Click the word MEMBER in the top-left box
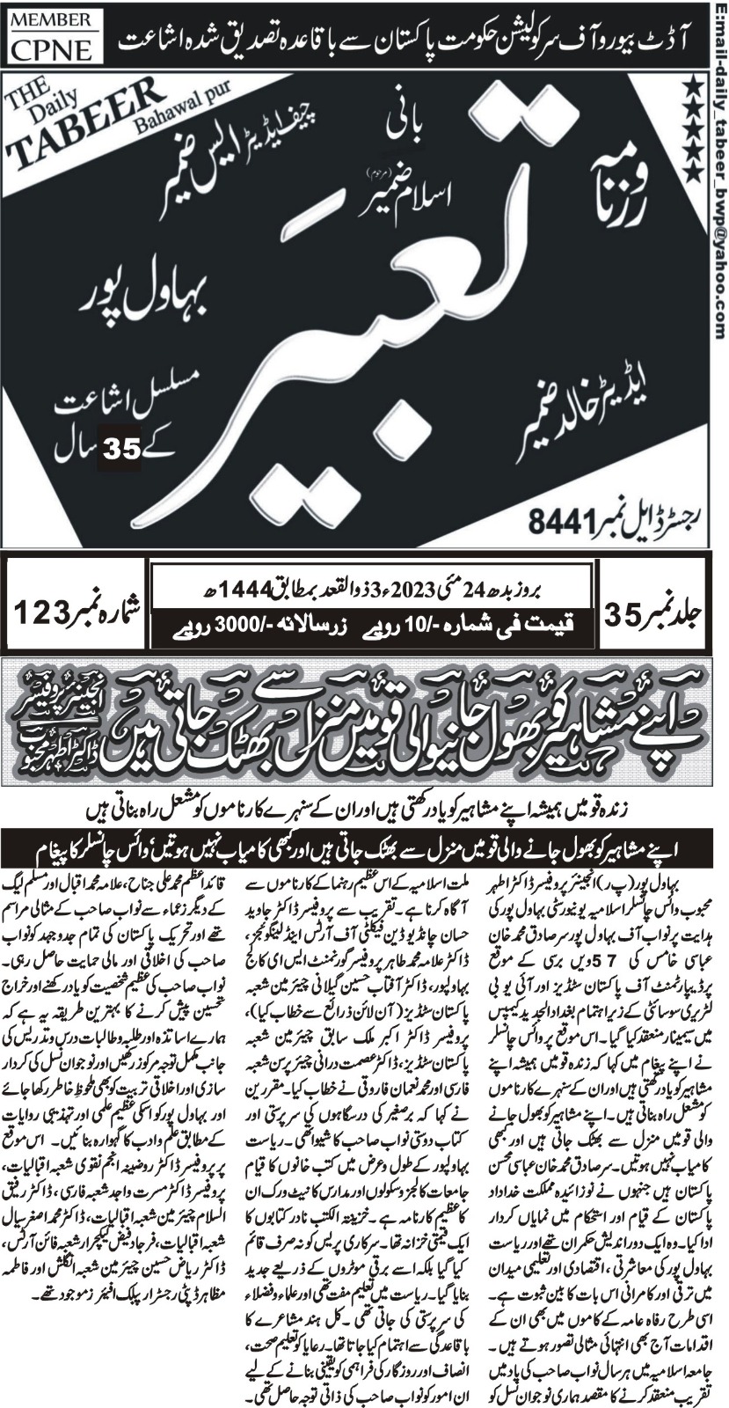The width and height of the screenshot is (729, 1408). [49, 18]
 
